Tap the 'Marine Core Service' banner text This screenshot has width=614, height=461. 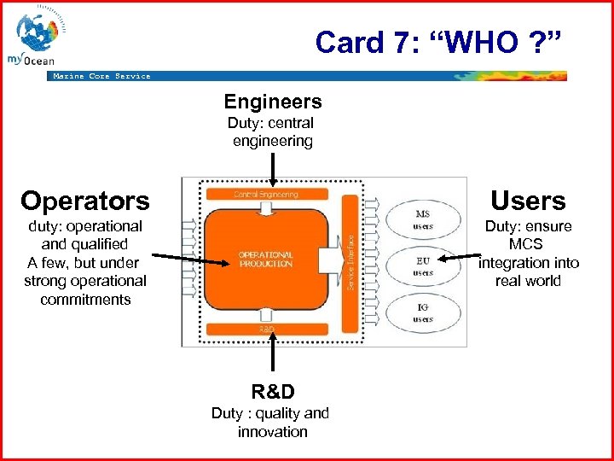point(101,76)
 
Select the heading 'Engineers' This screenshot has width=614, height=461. point(272,102)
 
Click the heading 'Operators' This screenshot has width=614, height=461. point(85,201)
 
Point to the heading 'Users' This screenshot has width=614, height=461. point(528,201)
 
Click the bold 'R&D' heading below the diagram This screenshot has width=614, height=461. point(272,392)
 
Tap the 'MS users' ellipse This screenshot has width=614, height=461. point(422,220)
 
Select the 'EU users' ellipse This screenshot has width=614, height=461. point(422,266)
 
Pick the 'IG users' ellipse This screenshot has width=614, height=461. point(422,313)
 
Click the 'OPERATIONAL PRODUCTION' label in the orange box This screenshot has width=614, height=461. point(266,260)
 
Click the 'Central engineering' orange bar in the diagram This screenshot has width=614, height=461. point(266,195)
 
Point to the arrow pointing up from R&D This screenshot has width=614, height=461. point(272,359)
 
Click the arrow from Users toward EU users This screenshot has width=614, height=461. point(460,256)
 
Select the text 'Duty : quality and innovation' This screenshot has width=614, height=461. point(270,423)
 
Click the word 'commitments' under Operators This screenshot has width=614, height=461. point(85,300)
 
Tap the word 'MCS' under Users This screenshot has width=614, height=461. point(528,244)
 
